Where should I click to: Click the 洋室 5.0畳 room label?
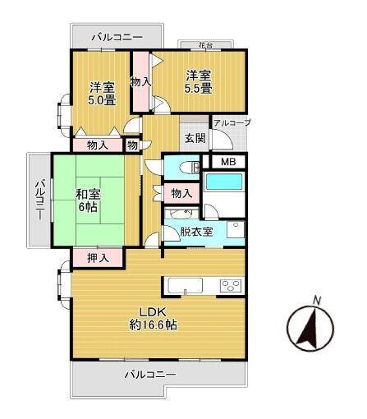(102, 94)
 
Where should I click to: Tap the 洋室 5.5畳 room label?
(199, 81)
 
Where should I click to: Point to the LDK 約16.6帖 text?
(153, 318)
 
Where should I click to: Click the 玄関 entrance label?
(195, 138)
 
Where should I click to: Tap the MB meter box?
(228, 162)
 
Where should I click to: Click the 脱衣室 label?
(196, 232)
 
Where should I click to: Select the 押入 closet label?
(98, 258)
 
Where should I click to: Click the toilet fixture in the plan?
(191, 168)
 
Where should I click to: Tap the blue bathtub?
(224, 182)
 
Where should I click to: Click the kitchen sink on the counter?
(186, 286)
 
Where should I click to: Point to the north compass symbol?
(310, 328)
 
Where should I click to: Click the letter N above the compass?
(317, 300)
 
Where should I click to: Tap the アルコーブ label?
(232, 122)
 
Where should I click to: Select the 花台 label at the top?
(205, 45)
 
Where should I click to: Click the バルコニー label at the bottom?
(150, 374)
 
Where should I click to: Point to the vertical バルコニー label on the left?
(40, 199)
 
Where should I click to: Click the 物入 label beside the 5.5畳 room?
(140, 81)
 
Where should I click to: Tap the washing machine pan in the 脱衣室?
(236, 230)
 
